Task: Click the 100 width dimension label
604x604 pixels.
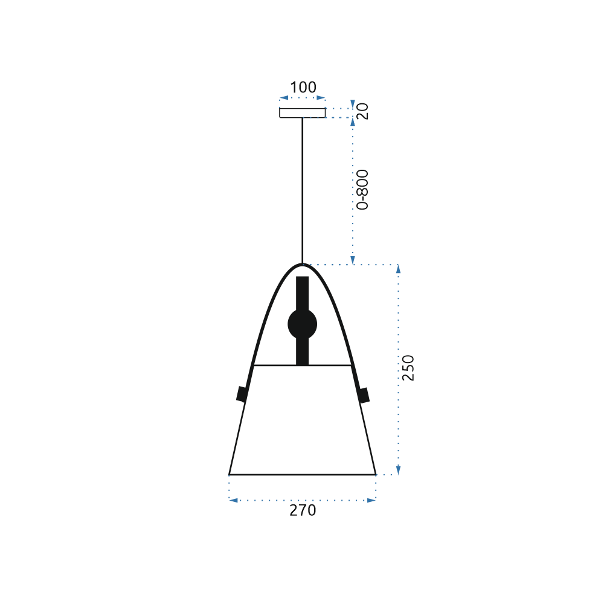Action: (303, 88)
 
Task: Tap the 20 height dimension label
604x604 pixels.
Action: (362, 111)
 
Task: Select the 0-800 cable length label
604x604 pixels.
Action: (362, 189)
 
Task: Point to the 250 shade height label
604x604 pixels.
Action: (408, 368)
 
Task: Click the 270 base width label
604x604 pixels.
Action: (303, 510)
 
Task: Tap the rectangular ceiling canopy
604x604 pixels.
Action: (302, 113)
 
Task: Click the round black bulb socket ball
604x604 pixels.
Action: (302, 324)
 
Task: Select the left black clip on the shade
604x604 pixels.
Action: (242, 394)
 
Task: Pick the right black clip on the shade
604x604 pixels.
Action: (364, 394)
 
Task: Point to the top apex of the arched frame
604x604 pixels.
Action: (302, 265)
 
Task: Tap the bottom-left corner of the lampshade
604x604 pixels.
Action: (230, 474)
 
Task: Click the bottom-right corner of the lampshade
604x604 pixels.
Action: (375, 474)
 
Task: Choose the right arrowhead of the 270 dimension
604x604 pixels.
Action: (371, 500)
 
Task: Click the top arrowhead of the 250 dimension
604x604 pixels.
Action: (397, 269)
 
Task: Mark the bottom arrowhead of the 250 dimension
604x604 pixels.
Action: (397, 471)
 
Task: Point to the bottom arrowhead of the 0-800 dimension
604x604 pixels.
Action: (353, 260)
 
